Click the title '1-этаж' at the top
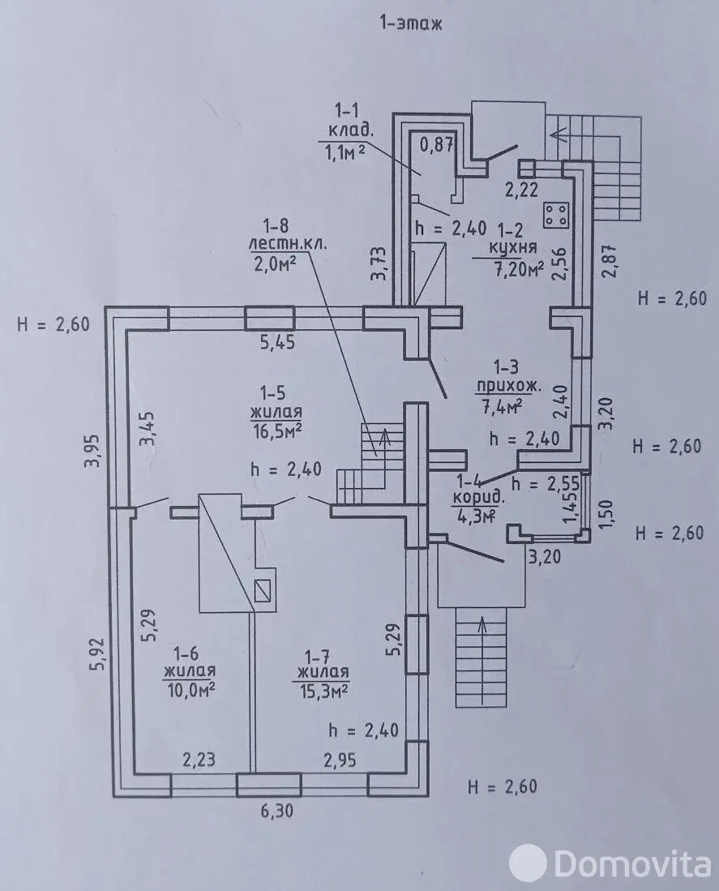pos(410,24)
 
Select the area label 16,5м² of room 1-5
pos(276,430)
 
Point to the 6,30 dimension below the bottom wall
pos(277,810)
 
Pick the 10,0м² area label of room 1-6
pos(190,689)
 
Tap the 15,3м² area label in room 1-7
pos(323,690)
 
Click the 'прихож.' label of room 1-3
pos(509,387)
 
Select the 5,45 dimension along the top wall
pos(277,343)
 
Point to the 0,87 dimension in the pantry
pos(437,144)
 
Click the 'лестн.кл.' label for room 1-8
pos(289,245)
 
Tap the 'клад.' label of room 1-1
pos(345,131)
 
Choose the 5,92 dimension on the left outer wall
pos(97,654)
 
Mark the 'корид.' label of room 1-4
pos(477,499)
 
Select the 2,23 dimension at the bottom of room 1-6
pos(199,759)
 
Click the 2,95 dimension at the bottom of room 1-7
pos(340,760)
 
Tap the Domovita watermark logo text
pos(631,863)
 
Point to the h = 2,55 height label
pos(546,483)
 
